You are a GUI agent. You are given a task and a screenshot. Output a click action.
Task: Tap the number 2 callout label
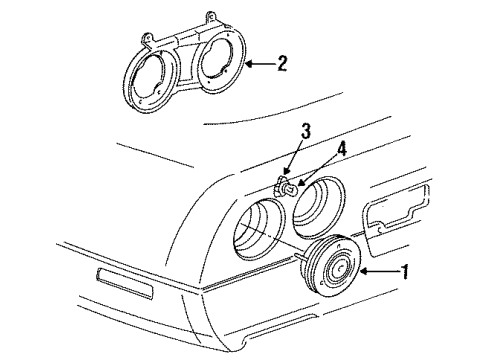pos(283,65)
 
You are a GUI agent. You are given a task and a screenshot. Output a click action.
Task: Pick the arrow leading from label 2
pos(259,65)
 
